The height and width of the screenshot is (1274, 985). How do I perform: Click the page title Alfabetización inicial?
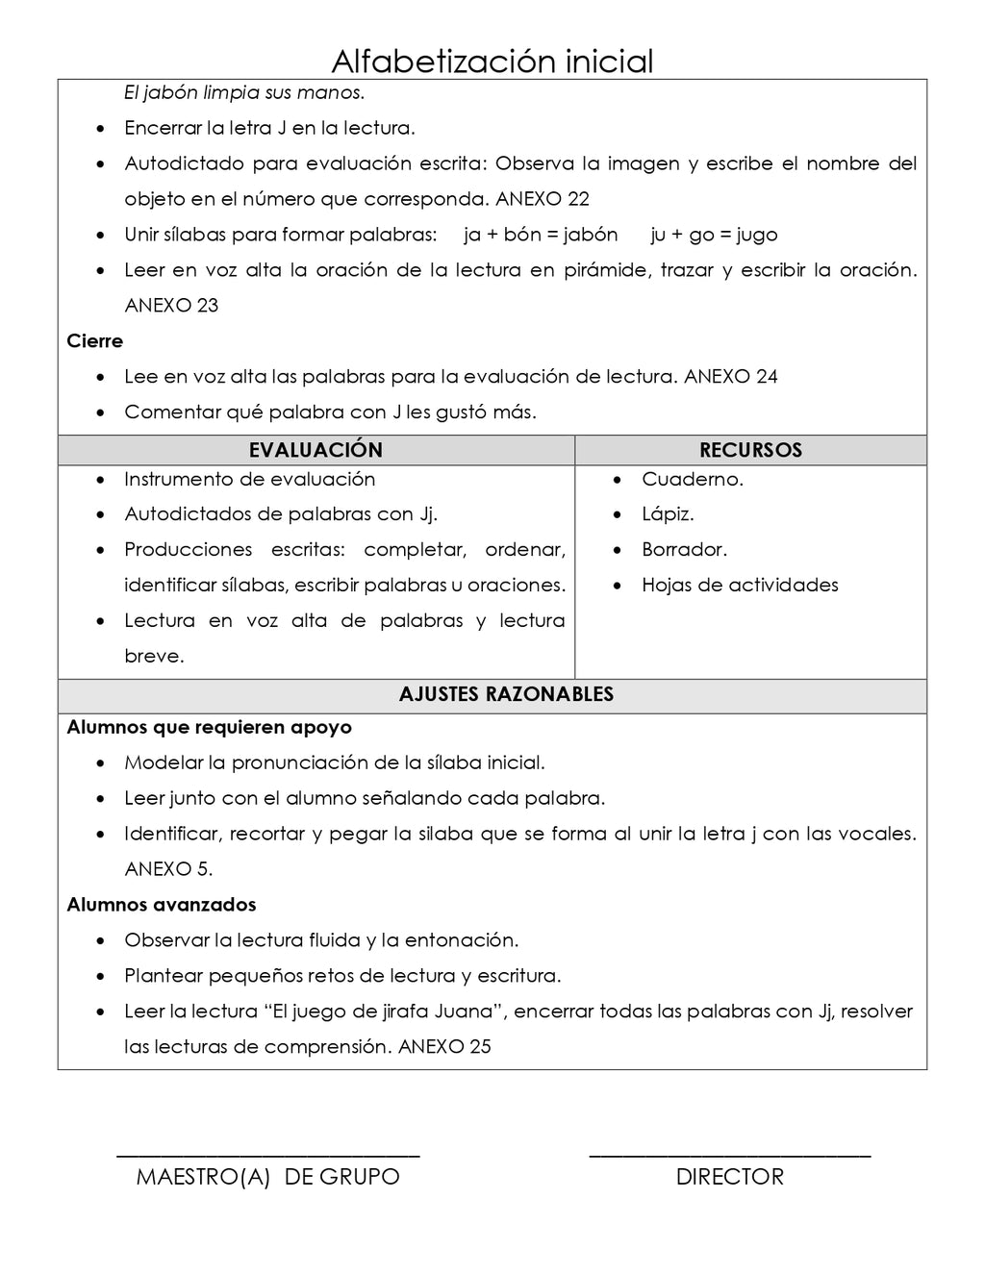tap(492, 62)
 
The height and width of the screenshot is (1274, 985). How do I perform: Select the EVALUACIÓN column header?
tap(316, 450)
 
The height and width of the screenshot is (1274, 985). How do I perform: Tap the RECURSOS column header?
tap(750, 450)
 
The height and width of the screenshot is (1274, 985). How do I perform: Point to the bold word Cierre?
tap(94, 341)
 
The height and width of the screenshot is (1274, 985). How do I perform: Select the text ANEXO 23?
tap(171, 306)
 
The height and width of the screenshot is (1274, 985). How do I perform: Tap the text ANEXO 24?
tap(730, 377)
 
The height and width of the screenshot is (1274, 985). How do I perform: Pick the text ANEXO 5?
tap(168, 869)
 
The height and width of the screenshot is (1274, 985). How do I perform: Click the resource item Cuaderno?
tap(692, 479)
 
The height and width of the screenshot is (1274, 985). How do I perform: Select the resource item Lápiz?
tap(668, 514)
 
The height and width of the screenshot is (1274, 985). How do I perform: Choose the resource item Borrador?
tap(684, 550)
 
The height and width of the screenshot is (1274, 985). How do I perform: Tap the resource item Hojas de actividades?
tap(740, 586)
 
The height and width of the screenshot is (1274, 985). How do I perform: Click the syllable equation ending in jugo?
tap(714, 235)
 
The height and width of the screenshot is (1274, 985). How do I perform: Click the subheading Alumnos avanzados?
tap(162, 905)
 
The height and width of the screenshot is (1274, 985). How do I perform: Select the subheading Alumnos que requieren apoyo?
tap(209, 728)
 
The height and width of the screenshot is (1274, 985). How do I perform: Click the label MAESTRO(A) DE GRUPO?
tap(267, 1177)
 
